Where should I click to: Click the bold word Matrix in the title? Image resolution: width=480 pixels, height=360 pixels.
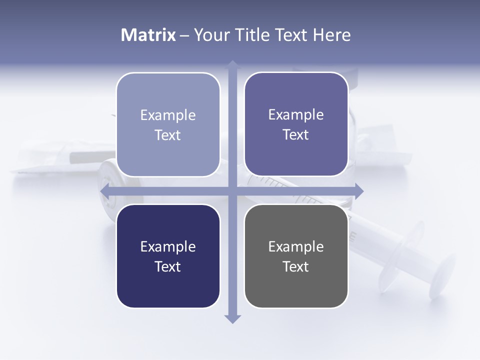point(148,35)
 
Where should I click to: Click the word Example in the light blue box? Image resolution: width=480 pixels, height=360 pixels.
point(168,115)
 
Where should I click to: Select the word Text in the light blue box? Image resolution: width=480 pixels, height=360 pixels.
point(168,135)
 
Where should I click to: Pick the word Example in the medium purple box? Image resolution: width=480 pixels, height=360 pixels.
point(296,114)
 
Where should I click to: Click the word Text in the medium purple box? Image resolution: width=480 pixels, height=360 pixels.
point(296,134)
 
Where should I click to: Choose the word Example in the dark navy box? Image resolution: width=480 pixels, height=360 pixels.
point(168,246)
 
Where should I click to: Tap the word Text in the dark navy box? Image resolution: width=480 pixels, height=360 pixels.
point(168,266)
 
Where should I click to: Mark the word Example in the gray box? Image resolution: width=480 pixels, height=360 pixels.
point(296,246)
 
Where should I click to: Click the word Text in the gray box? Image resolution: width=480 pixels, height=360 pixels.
point(296,266)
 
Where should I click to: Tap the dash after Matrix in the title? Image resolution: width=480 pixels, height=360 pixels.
point(184,35)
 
